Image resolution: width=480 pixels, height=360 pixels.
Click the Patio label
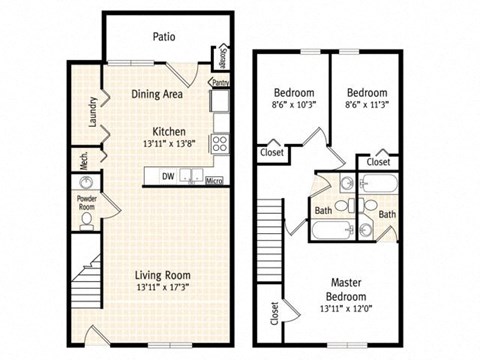tap(165, 37)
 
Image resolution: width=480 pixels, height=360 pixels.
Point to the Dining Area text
tap(157, 95)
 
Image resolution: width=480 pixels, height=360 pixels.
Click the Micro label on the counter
tap(213, 182)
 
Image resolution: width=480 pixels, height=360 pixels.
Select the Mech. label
tap(84, 159)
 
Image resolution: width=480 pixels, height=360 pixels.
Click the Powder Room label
tap(87, 204)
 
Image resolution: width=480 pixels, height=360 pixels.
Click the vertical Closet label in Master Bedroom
tap(274, 315)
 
